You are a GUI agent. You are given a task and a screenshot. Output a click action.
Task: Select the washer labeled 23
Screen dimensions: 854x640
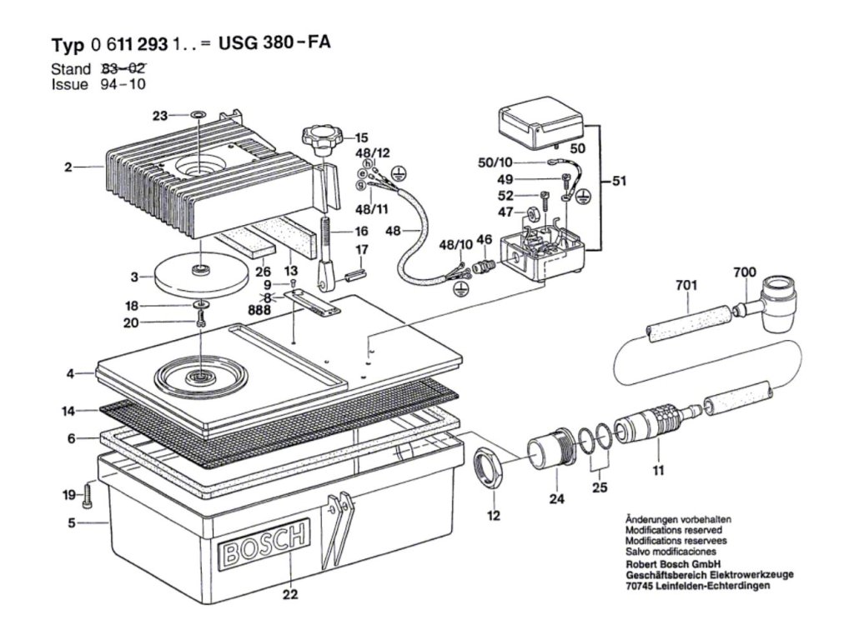coord(198,115)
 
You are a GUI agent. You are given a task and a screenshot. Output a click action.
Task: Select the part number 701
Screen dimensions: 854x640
coord(686,285)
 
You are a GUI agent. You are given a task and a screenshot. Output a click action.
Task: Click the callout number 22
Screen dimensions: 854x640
coord(290,593)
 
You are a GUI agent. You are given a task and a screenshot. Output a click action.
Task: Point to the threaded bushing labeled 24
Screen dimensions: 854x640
coord(550,447)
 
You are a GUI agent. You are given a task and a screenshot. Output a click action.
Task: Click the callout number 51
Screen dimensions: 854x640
coord(620,181)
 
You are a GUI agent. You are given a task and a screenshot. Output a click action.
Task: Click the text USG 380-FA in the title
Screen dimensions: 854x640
coord(274,42)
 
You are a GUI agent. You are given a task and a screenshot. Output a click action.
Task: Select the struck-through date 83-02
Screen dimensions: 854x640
coord(123,68)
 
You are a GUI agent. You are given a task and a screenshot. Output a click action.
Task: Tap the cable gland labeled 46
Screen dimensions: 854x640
coord(483,267)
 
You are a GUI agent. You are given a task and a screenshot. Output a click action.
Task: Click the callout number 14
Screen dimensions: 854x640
coord(68,411)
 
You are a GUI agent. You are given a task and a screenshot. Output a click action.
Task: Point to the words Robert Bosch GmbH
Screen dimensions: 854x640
coord(673,564)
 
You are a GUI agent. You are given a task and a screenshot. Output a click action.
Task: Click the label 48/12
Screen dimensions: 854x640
coord(373,153)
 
